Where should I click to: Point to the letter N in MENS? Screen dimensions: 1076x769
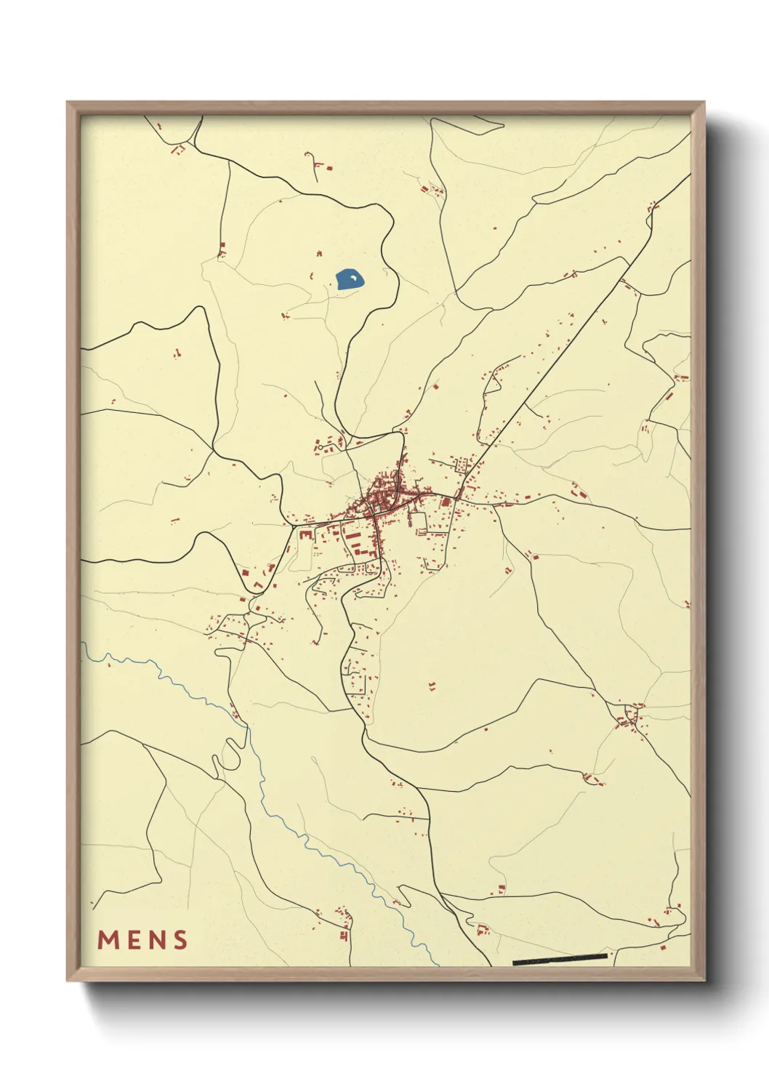coord(158,940)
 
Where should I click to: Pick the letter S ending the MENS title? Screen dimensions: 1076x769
coord(181,940)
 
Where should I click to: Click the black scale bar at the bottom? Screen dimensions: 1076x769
coord(560,960)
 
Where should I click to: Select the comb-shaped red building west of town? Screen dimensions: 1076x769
coord(305,534)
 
